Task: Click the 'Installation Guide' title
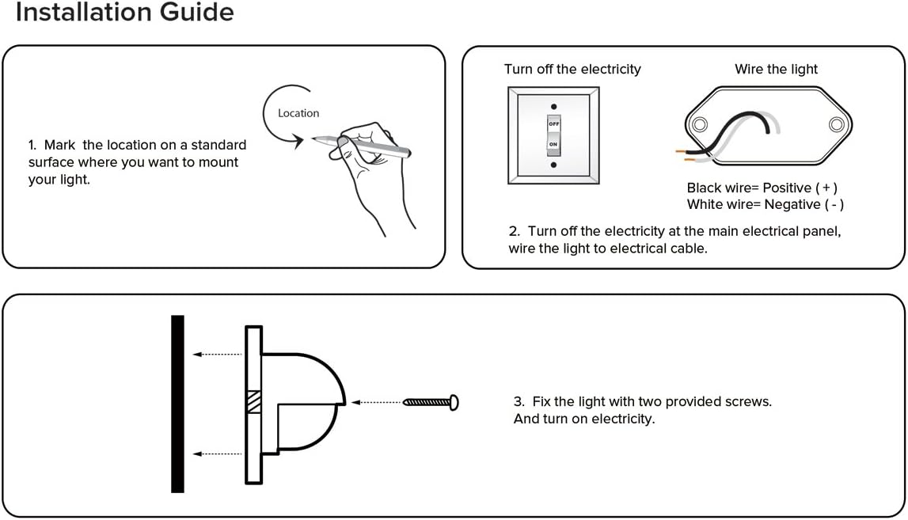(x=124, y=12)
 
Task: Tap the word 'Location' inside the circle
(x=298, y=113)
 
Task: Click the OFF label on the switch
(x=554, y=124)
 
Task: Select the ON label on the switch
(x=553, y=144)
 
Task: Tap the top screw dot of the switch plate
(x=553, y=107)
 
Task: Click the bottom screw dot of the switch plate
(x=553, y=165)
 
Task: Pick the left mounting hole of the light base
(x=700, y=125)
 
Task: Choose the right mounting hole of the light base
(x=836, y=124)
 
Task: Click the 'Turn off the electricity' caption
(x=572, y=70)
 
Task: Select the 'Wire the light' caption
(x=776, y=70)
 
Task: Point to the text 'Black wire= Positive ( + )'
(x=762, y=188)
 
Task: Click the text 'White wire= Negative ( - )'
(x=765, y=204)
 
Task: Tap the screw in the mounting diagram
(x=431, y=402)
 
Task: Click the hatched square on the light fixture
(x=253, y=401)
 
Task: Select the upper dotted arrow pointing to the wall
(x=217, y=354)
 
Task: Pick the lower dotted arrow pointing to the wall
(x=217, y=454)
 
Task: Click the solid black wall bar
(x=178, y=404)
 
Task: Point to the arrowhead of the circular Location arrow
(x=298, y=141)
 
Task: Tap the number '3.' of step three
(x=519, y=402)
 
